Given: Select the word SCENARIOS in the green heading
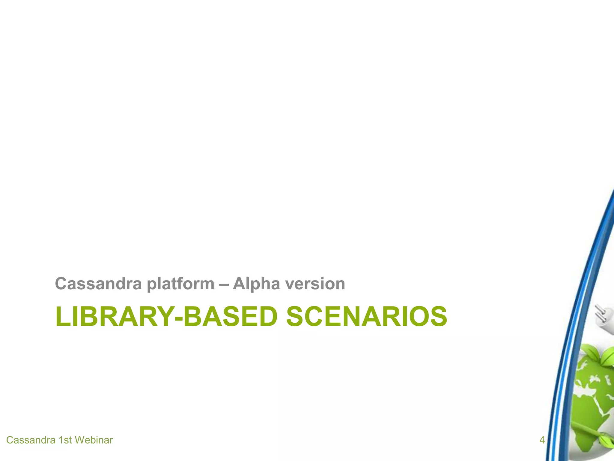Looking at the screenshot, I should click(x=366, y=316).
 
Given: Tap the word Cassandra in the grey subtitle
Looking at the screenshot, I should click(x=98, y=284).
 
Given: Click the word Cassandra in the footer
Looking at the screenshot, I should click(x=31, y=440).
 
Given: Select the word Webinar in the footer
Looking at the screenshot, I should click(x=94, y=440).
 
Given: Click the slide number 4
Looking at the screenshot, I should click(x=542, y=440).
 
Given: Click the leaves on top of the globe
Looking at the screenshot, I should click(x=595, y=354).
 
